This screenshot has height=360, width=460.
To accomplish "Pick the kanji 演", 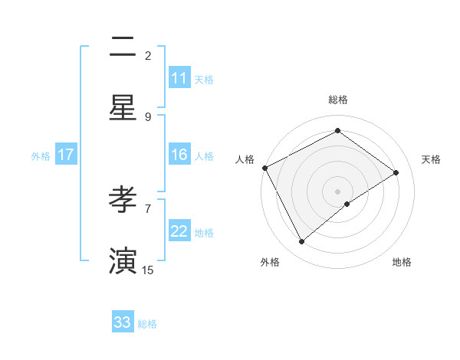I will tap(123, 260).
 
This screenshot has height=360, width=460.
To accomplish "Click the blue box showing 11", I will tap(179, 78).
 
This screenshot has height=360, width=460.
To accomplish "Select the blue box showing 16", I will tap(179, 155).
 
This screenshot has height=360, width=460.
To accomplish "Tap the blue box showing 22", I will tap(179, 231).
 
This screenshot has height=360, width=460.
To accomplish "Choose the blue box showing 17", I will tap(66, 155).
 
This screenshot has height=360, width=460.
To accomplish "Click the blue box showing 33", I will tap(123, 322).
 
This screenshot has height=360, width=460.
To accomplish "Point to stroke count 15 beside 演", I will tap(148, 270).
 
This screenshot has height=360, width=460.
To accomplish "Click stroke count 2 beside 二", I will tap(148, 55).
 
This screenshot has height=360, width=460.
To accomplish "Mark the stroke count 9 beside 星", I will tap(148, 116).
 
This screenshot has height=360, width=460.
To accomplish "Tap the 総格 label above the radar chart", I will tap(337, 100).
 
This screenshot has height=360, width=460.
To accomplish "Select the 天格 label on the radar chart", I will tap(431, 159).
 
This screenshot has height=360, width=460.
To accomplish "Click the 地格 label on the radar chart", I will tap(402, 262).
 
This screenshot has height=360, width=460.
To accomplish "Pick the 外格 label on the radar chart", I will tap(270, 262).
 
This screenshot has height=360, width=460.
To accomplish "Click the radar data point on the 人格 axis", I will tap(264, 168).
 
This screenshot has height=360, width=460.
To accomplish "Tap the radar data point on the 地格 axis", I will tap(347, 204).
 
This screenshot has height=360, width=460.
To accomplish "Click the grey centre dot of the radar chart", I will tap(337, 190).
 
